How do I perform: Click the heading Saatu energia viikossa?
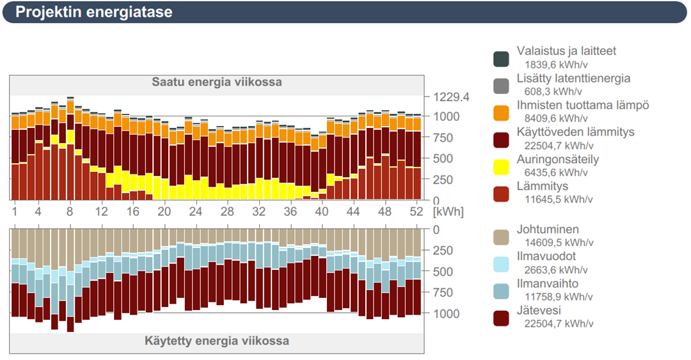coord(216,82)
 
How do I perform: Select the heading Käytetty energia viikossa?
coord(216,340)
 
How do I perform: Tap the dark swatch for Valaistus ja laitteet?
coord(501,59)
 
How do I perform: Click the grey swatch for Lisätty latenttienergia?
coord(501,86)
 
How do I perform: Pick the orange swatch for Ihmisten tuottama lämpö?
coord(501,113)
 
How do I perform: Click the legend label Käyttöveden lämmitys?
coord(575,132)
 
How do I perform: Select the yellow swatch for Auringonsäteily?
coord(501,168)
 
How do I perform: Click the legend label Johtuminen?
coord(548,230)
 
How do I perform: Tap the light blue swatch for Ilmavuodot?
coord(501,264)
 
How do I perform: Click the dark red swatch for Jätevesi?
coord(501,318)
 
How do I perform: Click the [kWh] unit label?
coord(448,212)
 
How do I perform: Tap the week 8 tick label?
coord(70,211)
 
